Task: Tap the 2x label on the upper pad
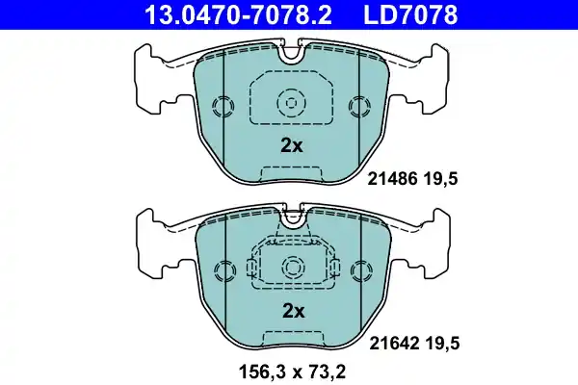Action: click(291, 146)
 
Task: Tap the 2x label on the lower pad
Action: click(291, 311)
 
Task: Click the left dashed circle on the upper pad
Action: click(223, 106)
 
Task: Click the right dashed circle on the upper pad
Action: click(360, 106)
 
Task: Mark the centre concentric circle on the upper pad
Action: click(291, 101)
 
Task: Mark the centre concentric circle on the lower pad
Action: click(291, 267)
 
